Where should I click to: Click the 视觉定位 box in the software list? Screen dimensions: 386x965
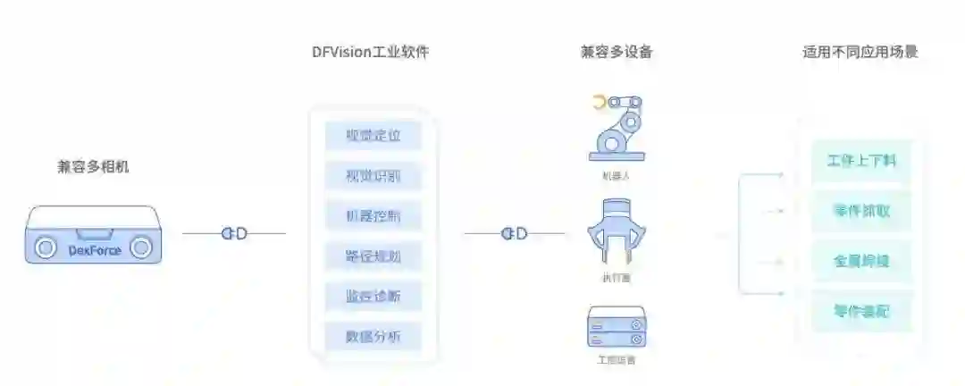(x=373, y=136)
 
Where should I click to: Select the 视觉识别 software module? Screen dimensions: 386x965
(x=373, y=176)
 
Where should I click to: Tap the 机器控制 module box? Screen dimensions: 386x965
(x=373, y=216)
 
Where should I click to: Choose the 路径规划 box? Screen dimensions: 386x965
(x=373, y=257)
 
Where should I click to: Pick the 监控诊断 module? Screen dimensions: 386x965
(x=373, y=297)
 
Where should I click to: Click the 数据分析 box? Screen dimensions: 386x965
(x=373, y=337)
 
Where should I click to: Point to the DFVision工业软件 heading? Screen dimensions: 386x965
(x=370, y=52)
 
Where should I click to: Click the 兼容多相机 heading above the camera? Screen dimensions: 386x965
(x=93, y=166)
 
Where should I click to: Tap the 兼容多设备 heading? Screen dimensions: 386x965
(x=617, y=52)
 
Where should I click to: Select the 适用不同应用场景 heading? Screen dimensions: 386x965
(x=860, y=52)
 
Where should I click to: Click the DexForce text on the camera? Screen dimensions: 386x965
(x=94, y=250)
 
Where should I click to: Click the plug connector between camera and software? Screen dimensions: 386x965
(x=234, y=234)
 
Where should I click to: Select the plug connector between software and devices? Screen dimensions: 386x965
(x=515, y=234)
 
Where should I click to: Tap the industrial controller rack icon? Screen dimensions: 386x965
(x=616, y=327)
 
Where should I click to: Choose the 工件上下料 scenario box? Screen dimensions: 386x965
(x=861, y=162)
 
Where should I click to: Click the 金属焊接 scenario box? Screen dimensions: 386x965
(x=861, y=262)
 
